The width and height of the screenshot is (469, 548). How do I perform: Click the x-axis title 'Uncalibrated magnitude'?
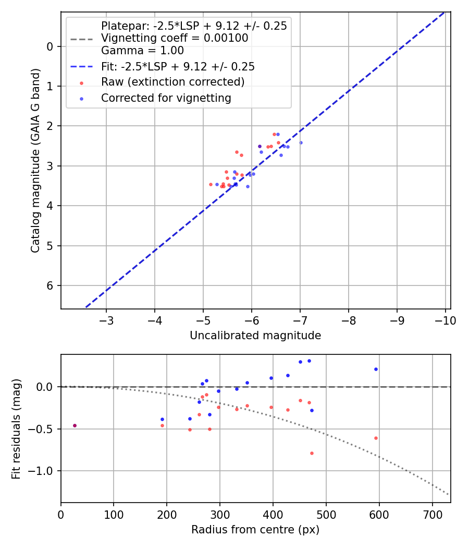[x=255, y=336]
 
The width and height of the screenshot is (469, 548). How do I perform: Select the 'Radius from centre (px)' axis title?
[x=255, y=530]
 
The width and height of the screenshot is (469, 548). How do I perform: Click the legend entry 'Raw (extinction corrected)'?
[x=172, y=82]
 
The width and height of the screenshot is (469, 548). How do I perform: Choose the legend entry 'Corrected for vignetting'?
[x=166, y=98]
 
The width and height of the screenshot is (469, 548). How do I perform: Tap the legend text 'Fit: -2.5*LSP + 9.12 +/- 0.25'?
[x=178, y=66]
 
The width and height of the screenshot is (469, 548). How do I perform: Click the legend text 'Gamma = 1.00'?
[x=142, y=51]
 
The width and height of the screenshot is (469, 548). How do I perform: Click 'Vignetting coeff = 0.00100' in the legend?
[x=175, y=38]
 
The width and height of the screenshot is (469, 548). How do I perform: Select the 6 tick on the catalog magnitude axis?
[x=50, y=285]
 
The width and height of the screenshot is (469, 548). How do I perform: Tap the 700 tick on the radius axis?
[x=432, y=514]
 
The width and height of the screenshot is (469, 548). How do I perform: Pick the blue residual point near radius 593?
[x=376, y=369]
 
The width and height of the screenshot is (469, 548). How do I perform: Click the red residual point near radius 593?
[x=376, y=438]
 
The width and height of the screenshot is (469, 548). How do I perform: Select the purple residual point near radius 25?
[x=75, y=425]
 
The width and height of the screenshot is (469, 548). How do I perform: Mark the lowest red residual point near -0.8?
[x=312, y=453]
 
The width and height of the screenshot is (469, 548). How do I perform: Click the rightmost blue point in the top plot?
[x=301, y=142]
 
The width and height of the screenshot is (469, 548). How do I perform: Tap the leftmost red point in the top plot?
[x=211, y=184]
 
